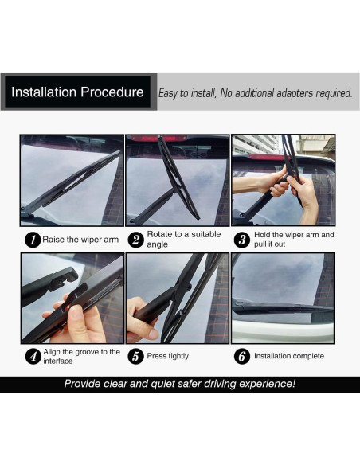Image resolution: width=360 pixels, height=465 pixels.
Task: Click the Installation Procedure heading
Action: coord(77,92)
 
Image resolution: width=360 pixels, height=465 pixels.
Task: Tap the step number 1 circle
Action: coord(33,240)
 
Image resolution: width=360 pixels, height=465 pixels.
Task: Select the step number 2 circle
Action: coord(136,240)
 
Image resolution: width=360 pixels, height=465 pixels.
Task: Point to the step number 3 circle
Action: coord(242,240)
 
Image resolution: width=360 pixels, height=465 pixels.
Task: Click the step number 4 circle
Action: coord(33,356)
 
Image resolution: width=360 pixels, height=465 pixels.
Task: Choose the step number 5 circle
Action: coord(136,356)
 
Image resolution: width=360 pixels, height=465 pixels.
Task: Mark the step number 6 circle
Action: coord(242,356)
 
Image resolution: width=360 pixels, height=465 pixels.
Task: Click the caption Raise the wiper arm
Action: coord(80,240)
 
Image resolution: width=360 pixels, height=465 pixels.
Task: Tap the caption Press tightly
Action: coord(168,356)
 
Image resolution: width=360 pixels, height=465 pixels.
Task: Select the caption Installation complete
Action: coord(289,356)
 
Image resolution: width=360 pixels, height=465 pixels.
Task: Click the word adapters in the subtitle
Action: coord(295,93)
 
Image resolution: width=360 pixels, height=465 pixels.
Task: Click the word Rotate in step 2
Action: coord(160,234)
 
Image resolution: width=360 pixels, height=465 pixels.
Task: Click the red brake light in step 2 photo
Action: coord(158,139)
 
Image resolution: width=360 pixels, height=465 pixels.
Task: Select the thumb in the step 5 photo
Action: coord(147,331)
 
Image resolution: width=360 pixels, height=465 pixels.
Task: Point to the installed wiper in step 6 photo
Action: coord(284,308)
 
